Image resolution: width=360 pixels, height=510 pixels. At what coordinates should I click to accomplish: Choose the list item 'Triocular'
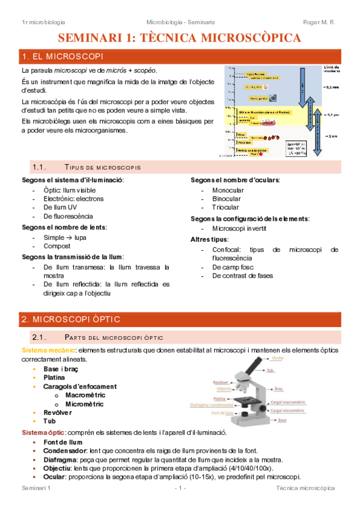pyautogui.click(x=225, y=207)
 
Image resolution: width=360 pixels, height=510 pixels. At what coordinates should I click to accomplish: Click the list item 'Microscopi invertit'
pyautogui.click(x=239, y=229)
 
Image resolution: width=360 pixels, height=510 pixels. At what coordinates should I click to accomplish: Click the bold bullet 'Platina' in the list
pyautogui.click(x=55, y=377)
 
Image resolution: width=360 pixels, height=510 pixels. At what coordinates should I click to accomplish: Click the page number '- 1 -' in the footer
pyautogui.click(x=179, y=488)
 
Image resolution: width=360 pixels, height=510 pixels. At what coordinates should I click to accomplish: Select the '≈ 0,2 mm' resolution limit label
pyautogui.click(x=331, y=87)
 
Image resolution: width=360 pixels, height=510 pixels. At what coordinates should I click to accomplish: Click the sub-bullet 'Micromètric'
pyautogui.click(x=85, y=404)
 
